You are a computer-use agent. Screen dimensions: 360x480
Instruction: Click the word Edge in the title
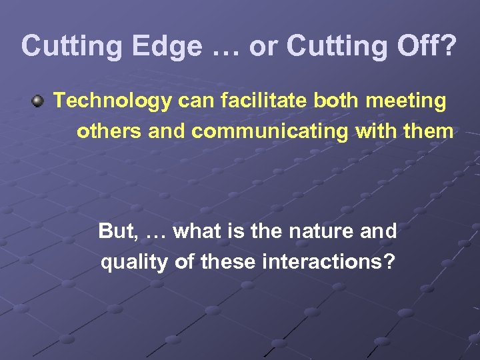tap(167, 47)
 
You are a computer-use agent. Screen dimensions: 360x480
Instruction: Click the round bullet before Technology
tap(39, 102)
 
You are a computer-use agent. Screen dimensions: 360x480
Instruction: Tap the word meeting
tap(406, 101)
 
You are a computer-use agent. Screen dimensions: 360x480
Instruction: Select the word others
tap(110, 131)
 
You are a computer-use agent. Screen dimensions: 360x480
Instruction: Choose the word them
tap(429, 131)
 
